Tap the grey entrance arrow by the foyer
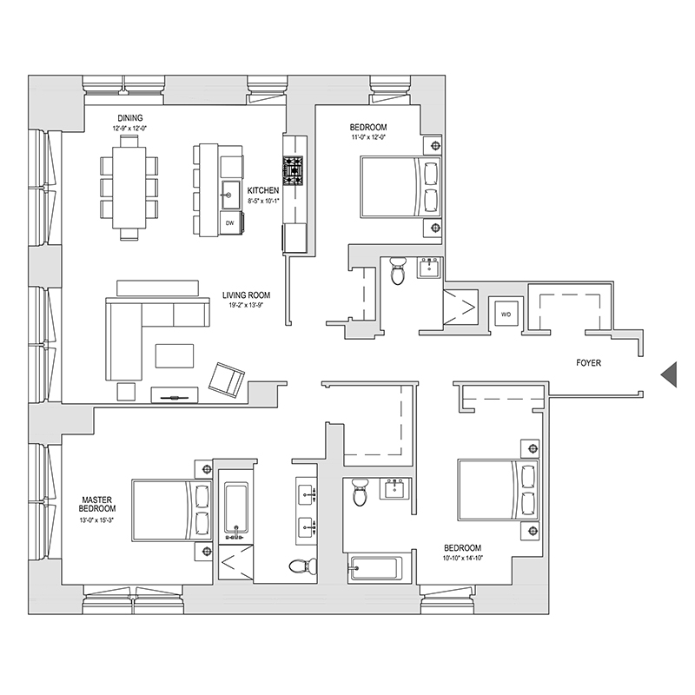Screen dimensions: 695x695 [x=668, y=373]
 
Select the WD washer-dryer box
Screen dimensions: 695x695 [x=504, y=313]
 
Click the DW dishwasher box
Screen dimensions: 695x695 [x=230, y=223]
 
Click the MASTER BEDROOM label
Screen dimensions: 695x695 [x=100, y=505]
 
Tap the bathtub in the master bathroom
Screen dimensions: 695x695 [x=235, y=509]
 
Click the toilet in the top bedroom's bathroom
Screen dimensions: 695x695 [x=398, y=270]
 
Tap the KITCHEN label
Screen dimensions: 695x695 [x=262, y=190]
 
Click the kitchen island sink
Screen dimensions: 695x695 [x=230, y=190]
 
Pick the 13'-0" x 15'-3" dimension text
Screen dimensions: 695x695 [x=100, y=521]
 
